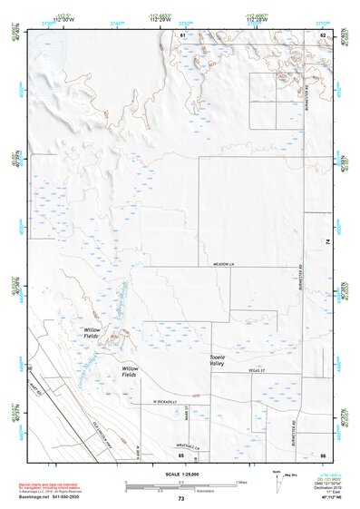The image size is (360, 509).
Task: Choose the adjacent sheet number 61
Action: coord(182,34)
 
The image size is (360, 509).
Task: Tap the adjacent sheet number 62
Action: coord(322,34)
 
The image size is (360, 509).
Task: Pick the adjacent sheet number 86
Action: coord(322,454)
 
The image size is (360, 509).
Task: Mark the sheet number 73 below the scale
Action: coord(180,498)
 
